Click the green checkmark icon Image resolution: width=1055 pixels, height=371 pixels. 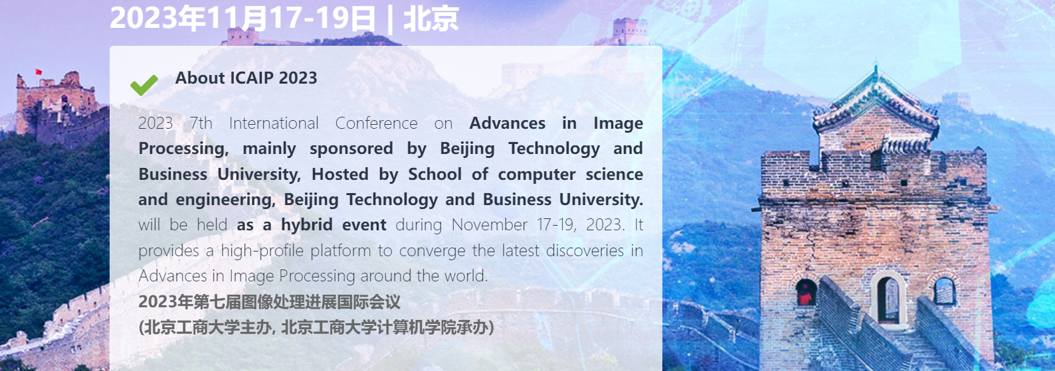(x=144, y=85)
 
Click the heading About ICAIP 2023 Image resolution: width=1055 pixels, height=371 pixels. (x=246, y=78)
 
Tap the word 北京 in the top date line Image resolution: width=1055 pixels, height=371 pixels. (x=431, y=19)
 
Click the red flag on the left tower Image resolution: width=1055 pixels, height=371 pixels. (x=38, y=72)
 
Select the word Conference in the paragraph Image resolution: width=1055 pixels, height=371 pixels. (x=376, y=123)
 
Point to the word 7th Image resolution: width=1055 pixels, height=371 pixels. (x=201, y=123)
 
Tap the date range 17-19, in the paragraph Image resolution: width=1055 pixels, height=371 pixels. (x=557, y=225)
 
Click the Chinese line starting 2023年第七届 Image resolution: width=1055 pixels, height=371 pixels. (x=270, y=302)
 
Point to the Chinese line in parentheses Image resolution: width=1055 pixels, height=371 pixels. (x=316, y=327)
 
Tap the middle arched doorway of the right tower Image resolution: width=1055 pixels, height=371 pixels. (x=888, y=299)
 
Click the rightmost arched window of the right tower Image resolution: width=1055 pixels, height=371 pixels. (x=944, y=291)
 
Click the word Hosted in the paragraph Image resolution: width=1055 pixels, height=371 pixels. (x=340, y=175)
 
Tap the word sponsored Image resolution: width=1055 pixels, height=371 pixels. (x=351, y=149)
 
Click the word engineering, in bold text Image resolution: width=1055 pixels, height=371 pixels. (x=226, y=200)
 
